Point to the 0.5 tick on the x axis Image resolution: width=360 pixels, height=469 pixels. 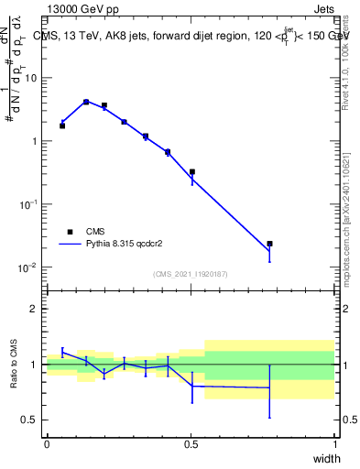[x=191, y=444]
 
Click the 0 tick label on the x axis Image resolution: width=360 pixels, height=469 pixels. [x=47, y=444]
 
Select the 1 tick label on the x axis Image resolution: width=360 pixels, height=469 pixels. [x=334, y=444]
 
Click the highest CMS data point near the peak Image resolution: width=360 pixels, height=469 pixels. [x=86, y=102]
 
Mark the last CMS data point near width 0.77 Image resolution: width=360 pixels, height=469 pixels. [x=269, y=244]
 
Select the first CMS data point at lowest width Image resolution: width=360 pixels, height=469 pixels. [x=62, y=125]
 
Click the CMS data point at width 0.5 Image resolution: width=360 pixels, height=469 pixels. [x=192, y=171]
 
